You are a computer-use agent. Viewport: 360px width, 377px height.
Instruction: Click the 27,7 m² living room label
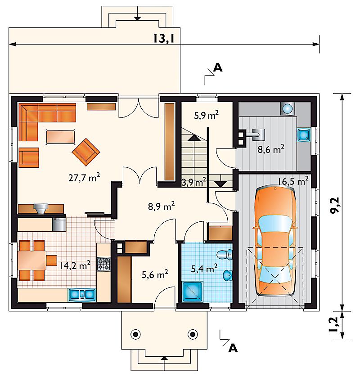pyautogui.click(x=84, y=177)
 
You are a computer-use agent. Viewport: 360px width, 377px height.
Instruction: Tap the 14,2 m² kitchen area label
pyautogui.click(x=75, y=265)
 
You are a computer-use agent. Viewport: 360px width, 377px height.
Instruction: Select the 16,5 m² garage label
pyautogui.click(x=293, y=181)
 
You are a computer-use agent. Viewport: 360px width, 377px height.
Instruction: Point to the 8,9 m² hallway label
pyautogui.click(x=161, y=206)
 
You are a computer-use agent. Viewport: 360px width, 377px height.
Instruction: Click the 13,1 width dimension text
pyautogui.click(x=164, y=39)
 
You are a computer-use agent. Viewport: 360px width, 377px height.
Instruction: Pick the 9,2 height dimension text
pyautogui.click(x=335, y=205)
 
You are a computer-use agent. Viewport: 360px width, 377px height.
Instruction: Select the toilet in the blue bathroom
pyautogui.click(x=225, y=254)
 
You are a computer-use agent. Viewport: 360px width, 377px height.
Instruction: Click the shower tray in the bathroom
pyautogui.click(x=193, y=292)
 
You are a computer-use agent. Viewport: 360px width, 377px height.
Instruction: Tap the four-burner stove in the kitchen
pyautogui.click(x=103, y=264)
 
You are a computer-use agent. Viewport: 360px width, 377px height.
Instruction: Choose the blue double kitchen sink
pyautogui.click(x=82, y=295)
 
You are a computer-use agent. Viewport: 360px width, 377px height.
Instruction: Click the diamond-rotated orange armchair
pyautogui.click(x=86, y=152)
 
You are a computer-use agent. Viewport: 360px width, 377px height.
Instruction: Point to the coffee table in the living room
pyautogui.click(x=61, y=137)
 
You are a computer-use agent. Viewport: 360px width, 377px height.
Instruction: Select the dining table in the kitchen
pyautogui.click(x=32, y=260)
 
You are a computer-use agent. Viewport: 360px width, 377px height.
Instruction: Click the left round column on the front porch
pyautogui.click(x=135, y=334)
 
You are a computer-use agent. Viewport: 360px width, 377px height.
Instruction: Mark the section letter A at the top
pyautogui.click(x=218, y=67)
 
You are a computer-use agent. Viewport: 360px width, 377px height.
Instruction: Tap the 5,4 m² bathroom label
pyautogui.click(x=204, y=269)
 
